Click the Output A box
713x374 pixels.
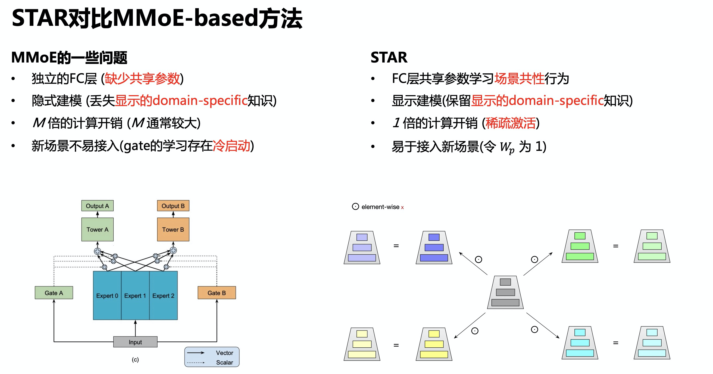[x=98, y=206]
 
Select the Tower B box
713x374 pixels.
[x=173, y=229]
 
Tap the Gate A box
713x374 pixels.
[x=54, y=293]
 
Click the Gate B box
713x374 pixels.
[x=217, y=293]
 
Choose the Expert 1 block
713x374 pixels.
[x=135, y=295]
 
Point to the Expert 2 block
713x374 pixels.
[x=163, y=295]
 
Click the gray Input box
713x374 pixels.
[x=135, y=342]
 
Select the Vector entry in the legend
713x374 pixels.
[x=224, y=353]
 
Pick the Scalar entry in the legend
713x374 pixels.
[x=224, y=362]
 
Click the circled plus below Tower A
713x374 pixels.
[x=98, y=251]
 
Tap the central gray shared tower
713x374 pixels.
[x=505, y=293]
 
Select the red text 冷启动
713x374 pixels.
[x=232, y=146]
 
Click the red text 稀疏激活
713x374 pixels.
[x=511, y=123]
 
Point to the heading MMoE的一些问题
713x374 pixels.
[x=69, y=58]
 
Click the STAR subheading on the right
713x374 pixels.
[x=389, y=57]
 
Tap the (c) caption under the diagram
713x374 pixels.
[x=135, y=359]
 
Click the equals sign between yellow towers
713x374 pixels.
[x=396, y=345]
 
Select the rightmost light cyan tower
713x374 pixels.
[x=652, y=343]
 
